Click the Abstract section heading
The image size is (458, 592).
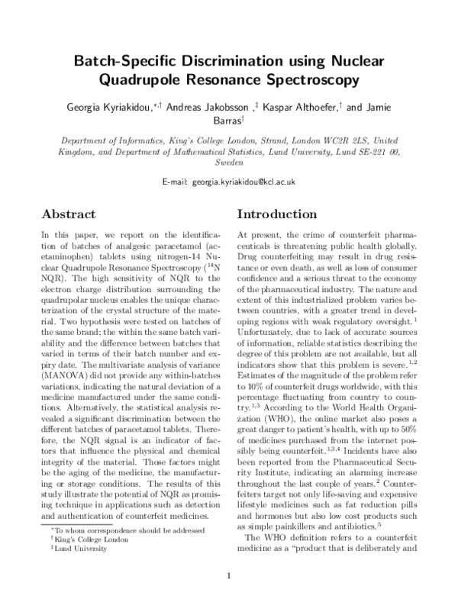[69, 214]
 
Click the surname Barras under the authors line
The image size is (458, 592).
[228, 121]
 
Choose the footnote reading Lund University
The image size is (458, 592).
[71, 547]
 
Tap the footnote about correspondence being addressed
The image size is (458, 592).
[109, 529]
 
